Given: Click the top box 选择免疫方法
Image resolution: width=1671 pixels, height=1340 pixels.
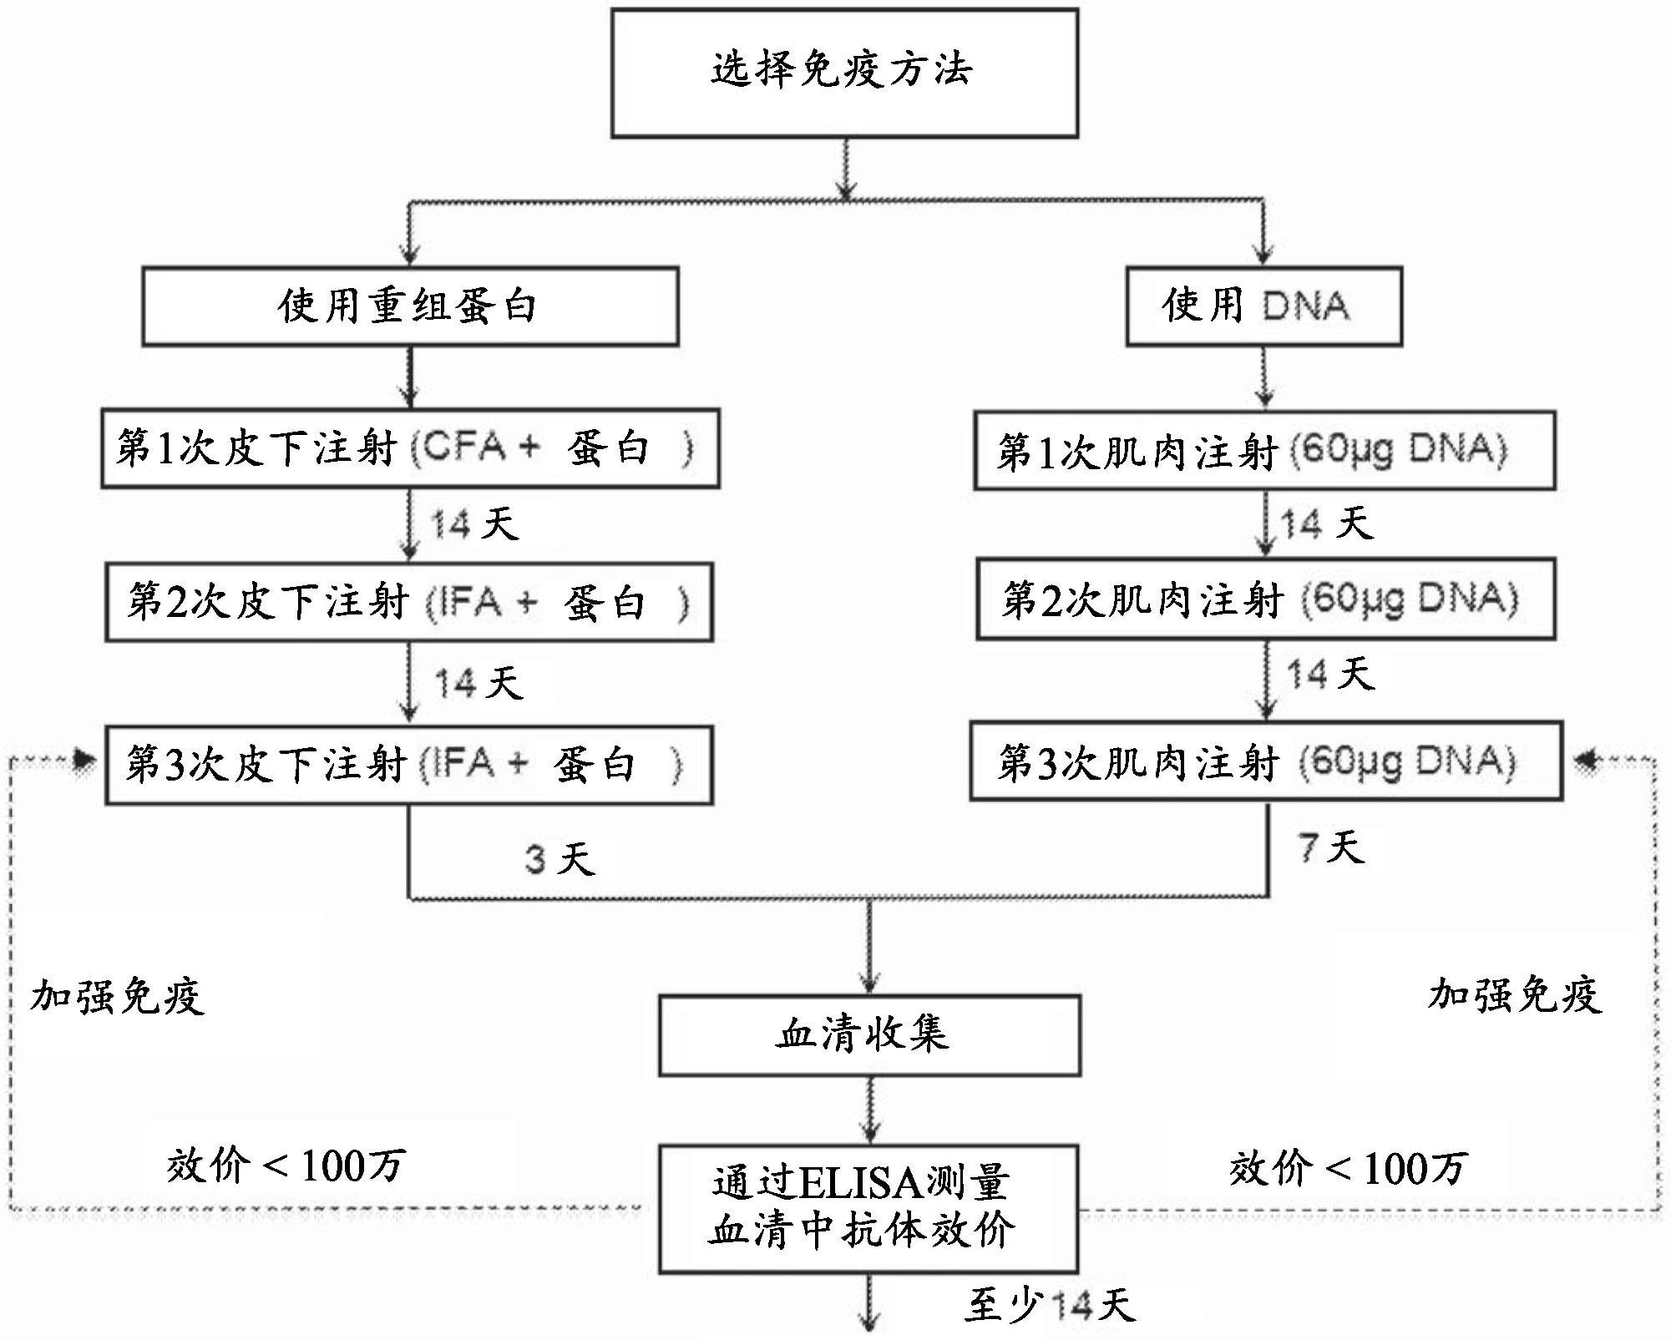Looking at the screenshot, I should click(843, 73).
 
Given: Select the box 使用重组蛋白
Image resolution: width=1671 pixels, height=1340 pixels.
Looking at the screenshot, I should click(409, 306).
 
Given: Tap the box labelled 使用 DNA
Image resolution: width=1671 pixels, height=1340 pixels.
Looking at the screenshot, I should click(1263, 306).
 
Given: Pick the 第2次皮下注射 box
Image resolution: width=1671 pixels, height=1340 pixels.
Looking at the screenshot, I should click(408, 602).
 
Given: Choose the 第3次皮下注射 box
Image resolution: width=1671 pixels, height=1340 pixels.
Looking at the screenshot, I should click(408, 765).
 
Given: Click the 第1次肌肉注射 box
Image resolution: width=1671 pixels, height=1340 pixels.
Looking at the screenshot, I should click(1263, 451).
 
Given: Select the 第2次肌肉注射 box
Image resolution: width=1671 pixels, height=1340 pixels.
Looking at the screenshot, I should click(1265, 599).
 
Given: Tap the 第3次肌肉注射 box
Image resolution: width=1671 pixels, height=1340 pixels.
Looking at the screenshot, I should click(1265, 761).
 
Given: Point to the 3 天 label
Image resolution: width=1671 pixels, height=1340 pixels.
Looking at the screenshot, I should click(560, 859).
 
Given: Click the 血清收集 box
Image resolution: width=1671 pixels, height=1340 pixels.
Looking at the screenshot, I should click(868, 1034).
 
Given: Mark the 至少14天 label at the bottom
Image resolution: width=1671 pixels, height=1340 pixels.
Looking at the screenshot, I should click(1050, 1305).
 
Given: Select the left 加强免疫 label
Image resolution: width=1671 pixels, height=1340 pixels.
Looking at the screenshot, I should click(117, 995).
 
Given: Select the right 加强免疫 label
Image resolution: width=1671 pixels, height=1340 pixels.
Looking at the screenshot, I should click(1514, 994).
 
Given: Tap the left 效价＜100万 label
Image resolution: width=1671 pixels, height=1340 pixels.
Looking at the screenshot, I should click(286, 1165).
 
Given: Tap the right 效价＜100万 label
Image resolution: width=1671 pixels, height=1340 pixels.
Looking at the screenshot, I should click(1347, 1168).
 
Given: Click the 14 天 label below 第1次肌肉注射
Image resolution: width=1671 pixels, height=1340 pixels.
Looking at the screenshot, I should click(1326, 524).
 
